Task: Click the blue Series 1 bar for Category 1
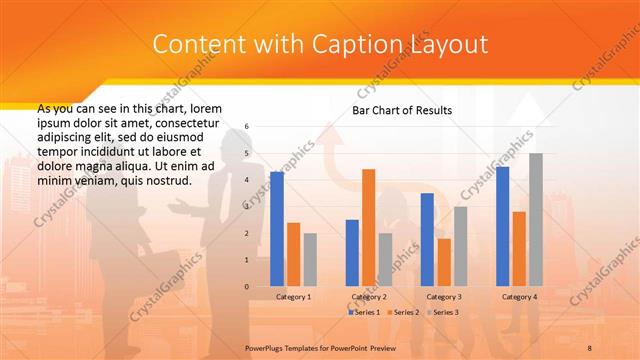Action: point(277,229)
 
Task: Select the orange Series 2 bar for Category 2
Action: point(368,228)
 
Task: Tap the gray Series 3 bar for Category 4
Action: point(536,220)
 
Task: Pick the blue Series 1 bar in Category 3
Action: point(427,240)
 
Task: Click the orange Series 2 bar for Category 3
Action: point(443,262)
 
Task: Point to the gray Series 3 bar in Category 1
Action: point(310,260)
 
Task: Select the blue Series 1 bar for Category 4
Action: point(503,226)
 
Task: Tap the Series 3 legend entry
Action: point(446,313)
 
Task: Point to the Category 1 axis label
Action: point(293,297)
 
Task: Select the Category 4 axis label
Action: point(519,297)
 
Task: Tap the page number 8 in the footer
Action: point(590,345)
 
